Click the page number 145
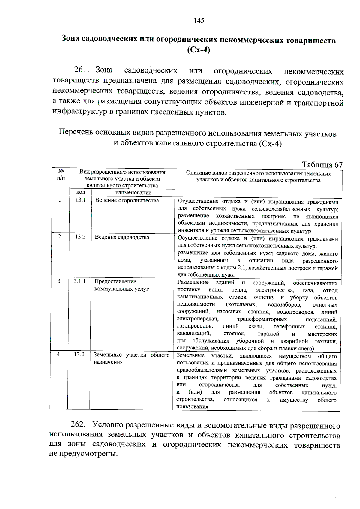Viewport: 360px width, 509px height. [199, 21]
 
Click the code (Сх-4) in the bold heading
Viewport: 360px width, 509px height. [199, 50]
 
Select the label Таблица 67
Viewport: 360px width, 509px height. [322, 165]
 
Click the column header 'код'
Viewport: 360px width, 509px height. [81, 193]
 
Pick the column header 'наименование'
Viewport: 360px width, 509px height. [133, 193]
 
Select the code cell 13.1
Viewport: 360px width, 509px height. [80, 200]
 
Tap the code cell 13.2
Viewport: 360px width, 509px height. [80, 237]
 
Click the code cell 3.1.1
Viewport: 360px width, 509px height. [79, 281]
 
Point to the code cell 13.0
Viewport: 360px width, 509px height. [79, 355]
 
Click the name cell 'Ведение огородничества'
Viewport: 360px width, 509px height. [127, 200]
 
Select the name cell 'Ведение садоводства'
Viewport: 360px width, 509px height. [122, 237]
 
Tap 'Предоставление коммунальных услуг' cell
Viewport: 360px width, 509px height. [121, 285]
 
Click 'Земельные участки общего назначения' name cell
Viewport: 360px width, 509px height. [131, 358]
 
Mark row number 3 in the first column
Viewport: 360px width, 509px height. [59, 281]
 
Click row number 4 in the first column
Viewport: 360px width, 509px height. [58, 355]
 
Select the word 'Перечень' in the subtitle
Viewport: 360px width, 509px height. [76, 132]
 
